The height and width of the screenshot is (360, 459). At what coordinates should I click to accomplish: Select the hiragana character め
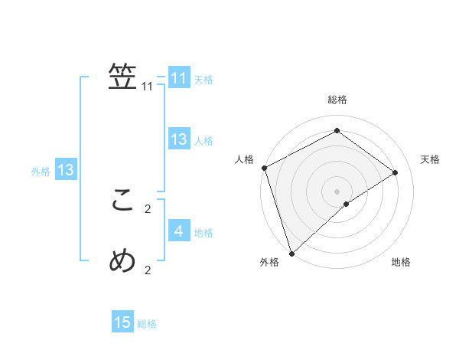click(x=122, y=261)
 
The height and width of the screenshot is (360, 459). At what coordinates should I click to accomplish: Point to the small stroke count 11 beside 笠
click(x=148, y=87)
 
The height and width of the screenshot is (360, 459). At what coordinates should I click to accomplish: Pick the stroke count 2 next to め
click(x=148, y=270)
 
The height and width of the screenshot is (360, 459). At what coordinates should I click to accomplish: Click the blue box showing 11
click(x=179, y=78)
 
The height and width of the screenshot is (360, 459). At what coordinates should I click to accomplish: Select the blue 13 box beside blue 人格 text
click(x=179, y=139)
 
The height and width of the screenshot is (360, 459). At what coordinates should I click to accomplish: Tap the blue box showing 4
click(x=179, y=231)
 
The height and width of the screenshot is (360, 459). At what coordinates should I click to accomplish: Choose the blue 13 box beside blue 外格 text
click(x=66, y=170)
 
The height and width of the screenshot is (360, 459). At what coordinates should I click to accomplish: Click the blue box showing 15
click(x=122, y=322)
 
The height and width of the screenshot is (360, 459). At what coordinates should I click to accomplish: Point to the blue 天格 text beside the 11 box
click(x=203, y=80)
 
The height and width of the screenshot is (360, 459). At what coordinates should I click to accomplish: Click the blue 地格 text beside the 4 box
click(x=203, y=232)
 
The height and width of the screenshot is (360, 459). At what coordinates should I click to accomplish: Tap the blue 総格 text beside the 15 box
click(x=147, y=324)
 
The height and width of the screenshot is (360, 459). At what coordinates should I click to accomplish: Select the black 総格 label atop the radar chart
click(x=337, y=100)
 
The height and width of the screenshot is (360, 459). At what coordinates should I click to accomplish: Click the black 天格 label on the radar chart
click(x=431, y=159)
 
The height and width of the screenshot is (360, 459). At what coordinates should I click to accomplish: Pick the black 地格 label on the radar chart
click(x=401, y=262)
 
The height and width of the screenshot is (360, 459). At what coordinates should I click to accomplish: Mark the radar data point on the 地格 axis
click(x=347, y=204)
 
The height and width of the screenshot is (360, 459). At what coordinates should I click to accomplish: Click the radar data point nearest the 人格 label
click(x=264, y=168)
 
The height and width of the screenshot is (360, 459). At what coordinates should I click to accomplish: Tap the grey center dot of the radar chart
click(x=337, y=191)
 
